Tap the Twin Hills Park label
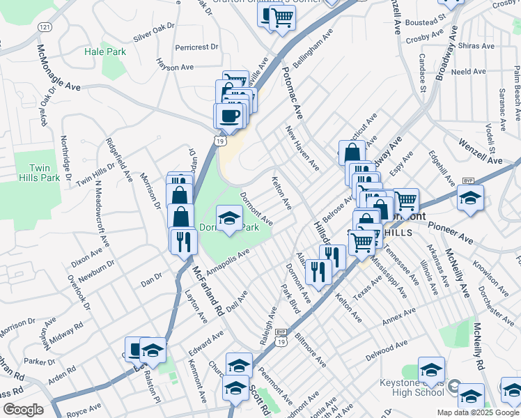(45, 173)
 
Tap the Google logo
(23, 410)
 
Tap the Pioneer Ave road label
(451, 233)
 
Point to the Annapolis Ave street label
(227, 263)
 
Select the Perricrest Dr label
(197, 47)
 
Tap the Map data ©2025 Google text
(478, 412)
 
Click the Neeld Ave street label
(468, 72)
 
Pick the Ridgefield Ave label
(118, 160)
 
